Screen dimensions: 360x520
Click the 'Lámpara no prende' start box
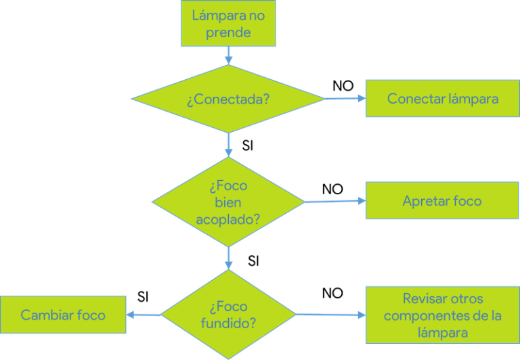[227, 24]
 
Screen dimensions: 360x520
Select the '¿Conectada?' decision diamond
[227, 99]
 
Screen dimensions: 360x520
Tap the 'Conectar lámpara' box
[442, 99]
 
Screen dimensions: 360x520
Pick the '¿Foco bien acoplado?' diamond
[227, 202]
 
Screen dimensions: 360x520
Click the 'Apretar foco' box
[442, 201]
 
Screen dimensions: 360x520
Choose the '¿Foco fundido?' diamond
[227, 315]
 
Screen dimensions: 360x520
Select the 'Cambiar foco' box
[63, 315]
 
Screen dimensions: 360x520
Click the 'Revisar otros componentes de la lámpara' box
[442, 315]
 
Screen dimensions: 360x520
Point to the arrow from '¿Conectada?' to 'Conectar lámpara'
[345, 98]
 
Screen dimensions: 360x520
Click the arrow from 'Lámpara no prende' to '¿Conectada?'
[228, 55]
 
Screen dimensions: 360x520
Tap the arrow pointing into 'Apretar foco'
[335, 201]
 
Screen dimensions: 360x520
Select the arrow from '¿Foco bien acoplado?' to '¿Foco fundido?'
[228, 258]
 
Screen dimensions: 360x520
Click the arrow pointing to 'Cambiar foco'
[144, 314]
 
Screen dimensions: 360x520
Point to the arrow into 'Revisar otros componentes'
[330, 315]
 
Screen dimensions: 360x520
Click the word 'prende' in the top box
[227, 32]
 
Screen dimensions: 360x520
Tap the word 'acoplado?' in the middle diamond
[227, 219]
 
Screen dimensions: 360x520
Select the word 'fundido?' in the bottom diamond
[228, 323]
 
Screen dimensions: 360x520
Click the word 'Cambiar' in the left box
[45, 315]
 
